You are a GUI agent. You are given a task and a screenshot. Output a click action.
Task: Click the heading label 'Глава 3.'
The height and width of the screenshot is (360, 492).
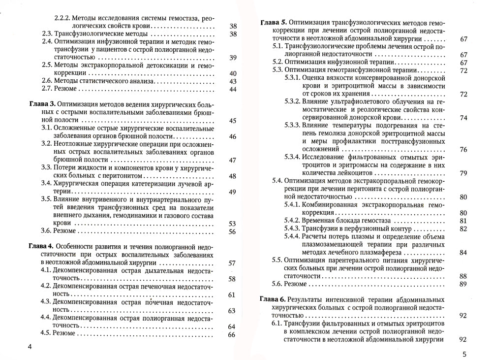click(x=41, y=105)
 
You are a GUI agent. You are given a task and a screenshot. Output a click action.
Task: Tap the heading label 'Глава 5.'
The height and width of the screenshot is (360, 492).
click(x=273, y=23)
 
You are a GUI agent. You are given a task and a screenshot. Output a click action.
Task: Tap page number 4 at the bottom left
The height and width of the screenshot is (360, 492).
click(x=30, y=347)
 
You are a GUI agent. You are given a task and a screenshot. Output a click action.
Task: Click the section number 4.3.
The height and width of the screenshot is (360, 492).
click(x=47, y=302)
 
